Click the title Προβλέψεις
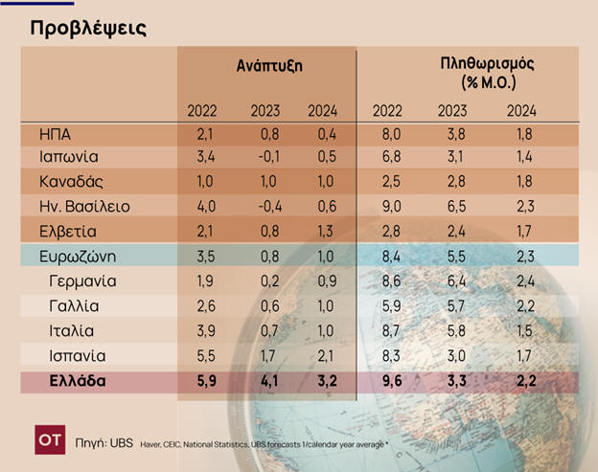point(88,27)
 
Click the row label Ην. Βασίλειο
point(84,206)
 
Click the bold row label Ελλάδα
point(78,381)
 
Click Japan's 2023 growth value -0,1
point(264,157)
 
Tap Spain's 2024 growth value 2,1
point(323,356)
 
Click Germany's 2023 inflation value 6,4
point(452,281)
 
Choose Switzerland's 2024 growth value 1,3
point(323,230)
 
